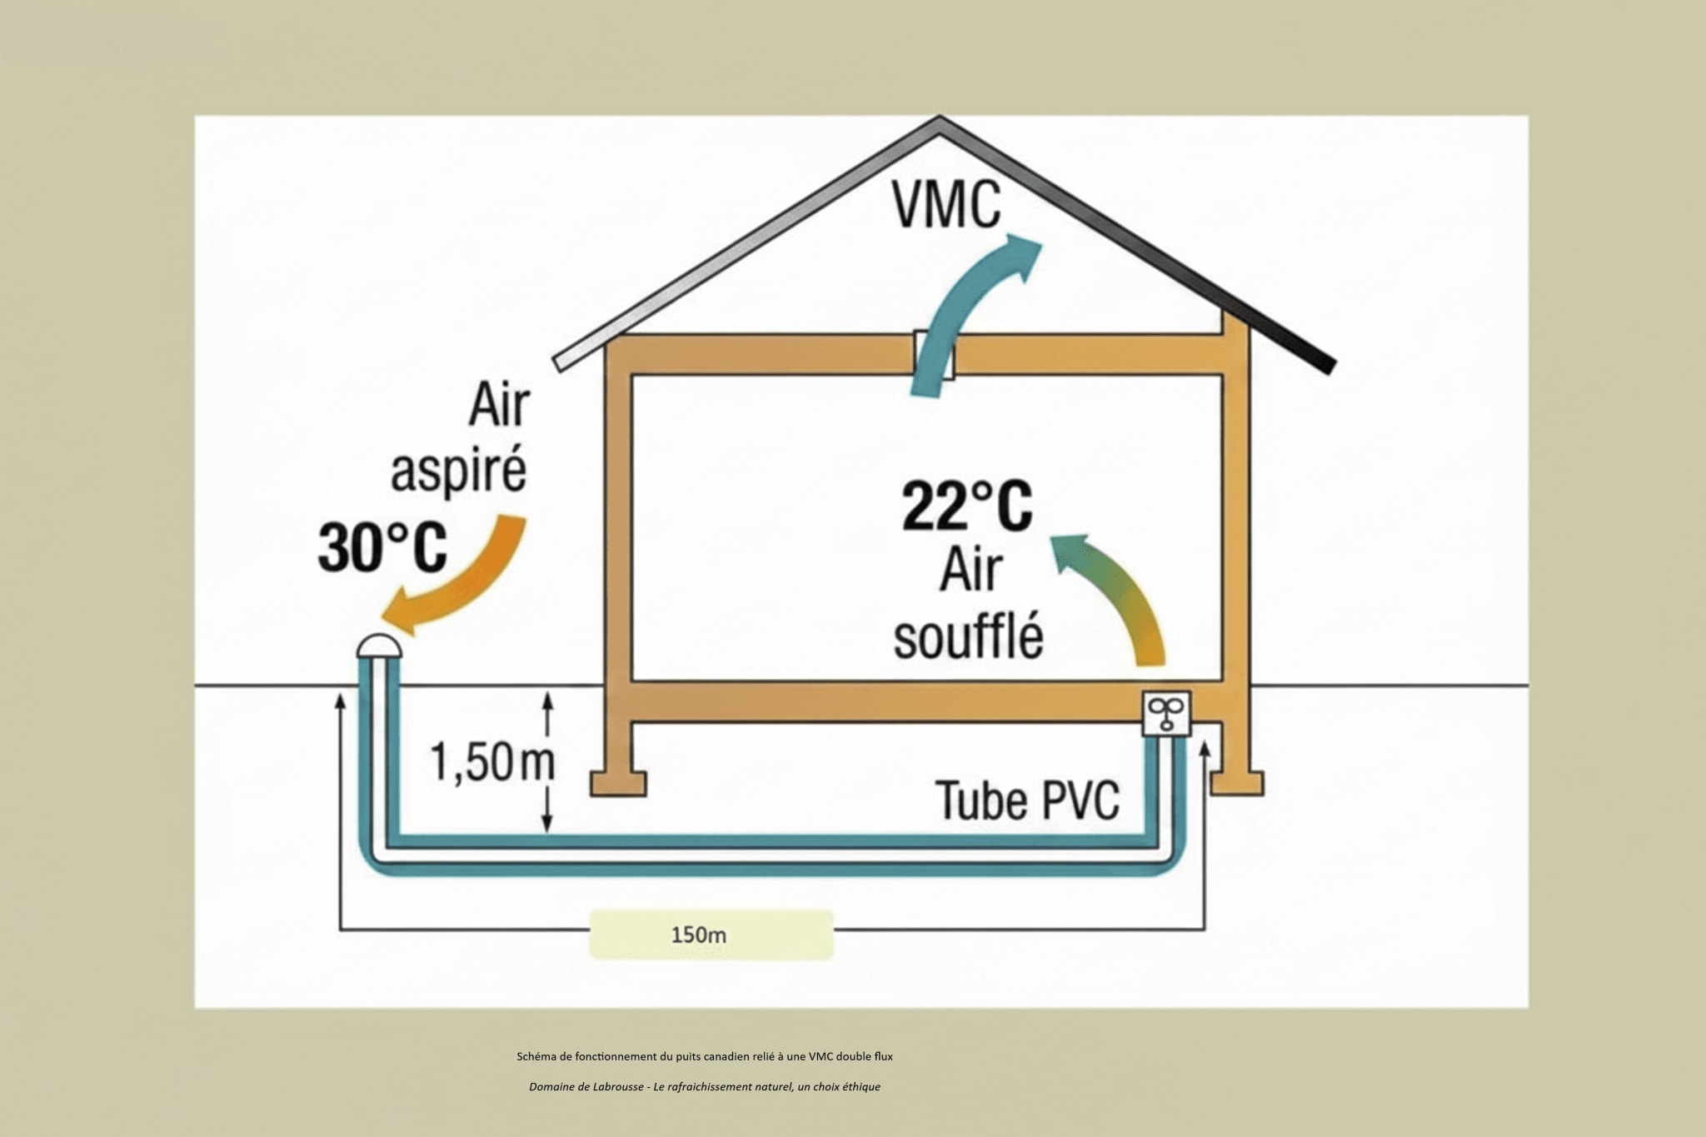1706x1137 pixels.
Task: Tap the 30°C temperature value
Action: click(382, 547)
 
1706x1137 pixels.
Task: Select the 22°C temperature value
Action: click(967, 506)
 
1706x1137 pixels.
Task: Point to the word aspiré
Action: click(458, 471)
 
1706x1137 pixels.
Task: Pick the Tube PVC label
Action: click(1028, 800)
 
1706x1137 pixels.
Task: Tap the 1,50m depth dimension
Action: click(491, 762)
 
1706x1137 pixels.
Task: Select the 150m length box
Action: click(711, 935)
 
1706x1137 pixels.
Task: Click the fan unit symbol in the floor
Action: click(1166, 713)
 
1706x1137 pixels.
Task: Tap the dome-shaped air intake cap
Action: click(379, 646)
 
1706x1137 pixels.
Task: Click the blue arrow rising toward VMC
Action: click(958, 317)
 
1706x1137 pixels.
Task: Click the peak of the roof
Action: click(940, 121)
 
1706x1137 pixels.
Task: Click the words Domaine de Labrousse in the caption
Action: click(586, 1087)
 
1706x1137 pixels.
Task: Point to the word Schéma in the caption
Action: click(535, 1056)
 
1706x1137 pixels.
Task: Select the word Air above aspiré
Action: click(498, 406)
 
